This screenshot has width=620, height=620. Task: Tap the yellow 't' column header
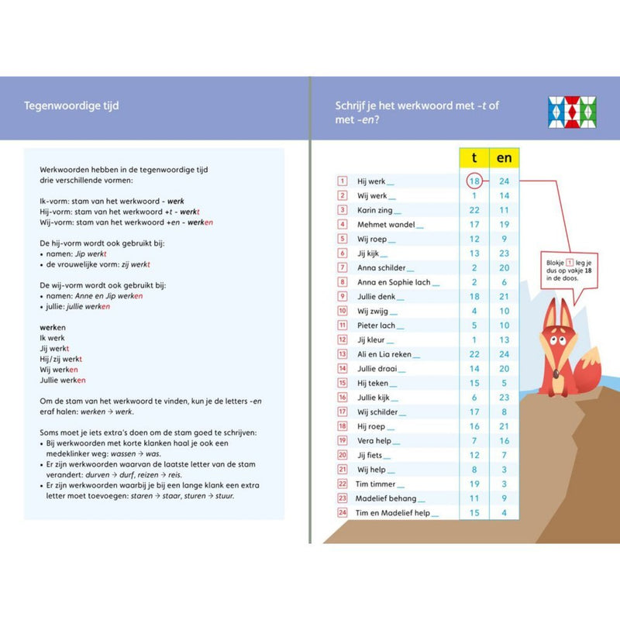(x=474, y=158)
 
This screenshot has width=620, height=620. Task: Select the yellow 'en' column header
(x=504, y=158)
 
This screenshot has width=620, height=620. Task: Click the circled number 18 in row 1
(x=474, y=181)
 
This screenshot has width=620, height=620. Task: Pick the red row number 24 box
(x=343, y=513)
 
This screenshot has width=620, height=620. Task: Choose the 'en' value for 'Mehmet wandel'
(x=504, y=225)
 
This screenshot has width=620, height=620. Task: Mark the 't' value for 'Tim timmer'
(x=474, y=484)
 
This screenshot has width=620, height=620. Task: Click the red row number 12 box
(x=343, y=339)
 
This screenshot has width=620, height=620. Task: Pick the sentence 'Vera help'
(x=376, y=440)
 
